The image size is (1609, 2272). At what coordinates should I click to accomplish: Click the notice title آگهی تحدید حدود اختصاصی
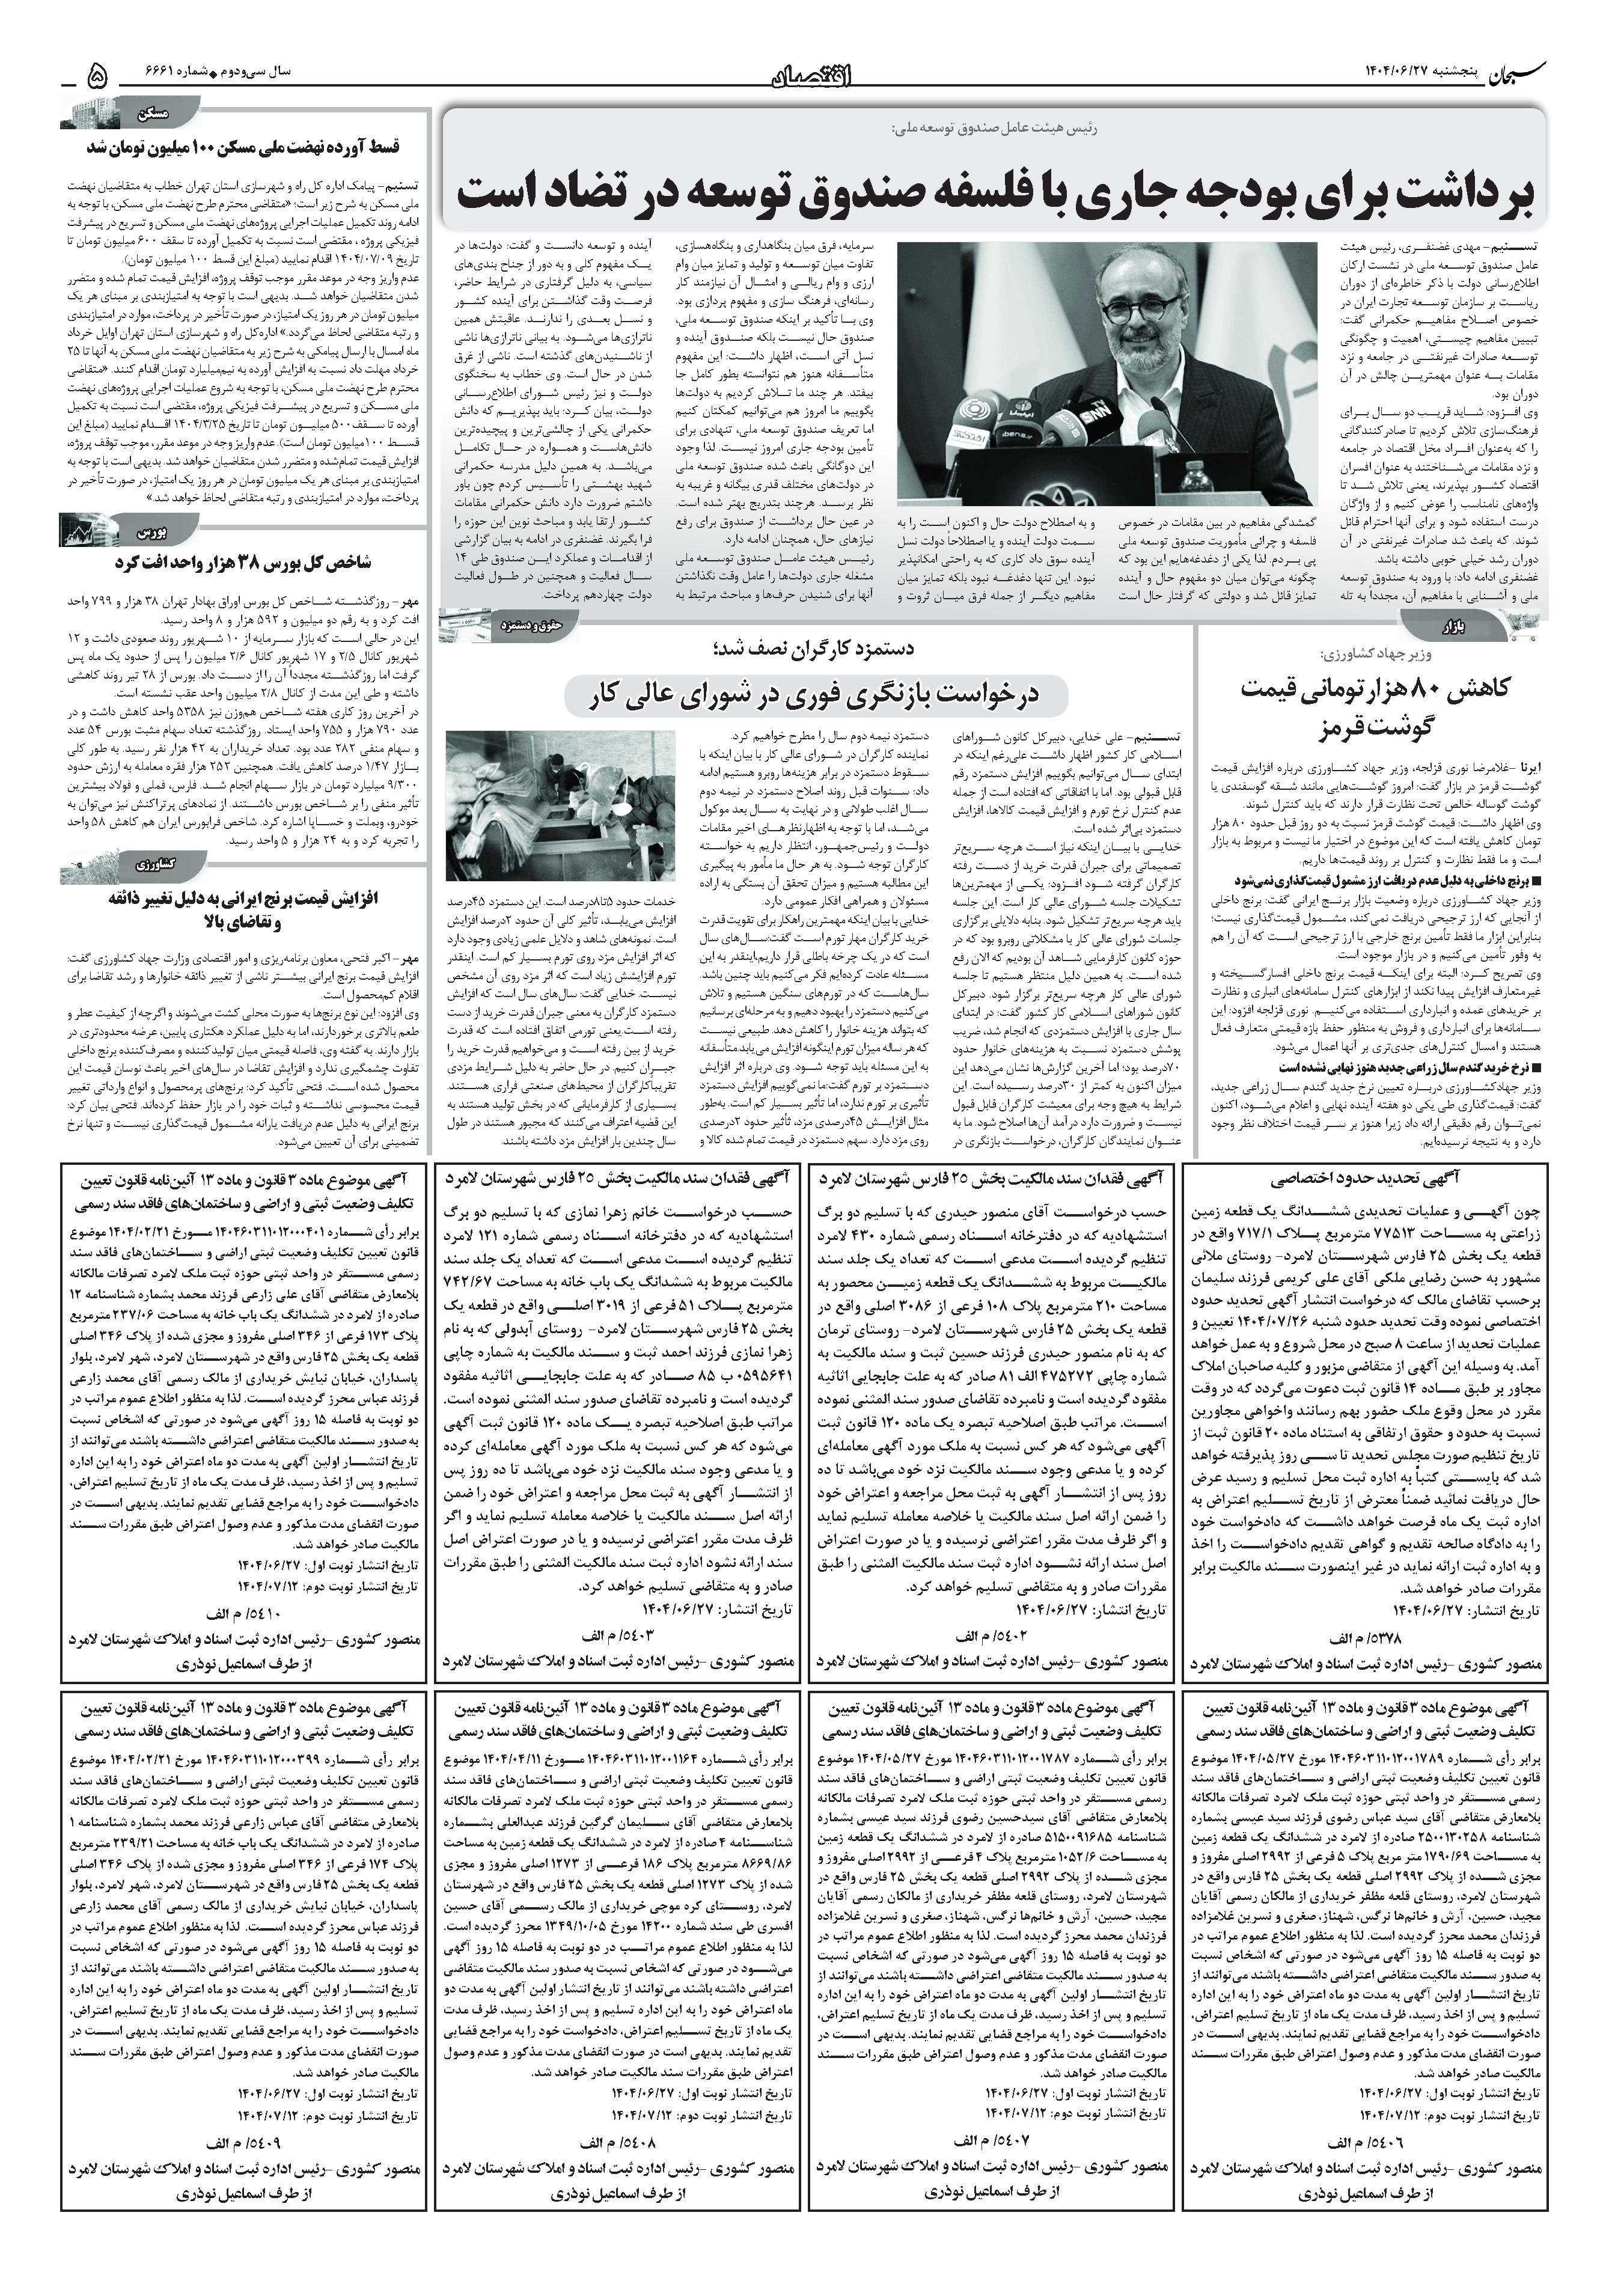coord(1363,1179)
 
